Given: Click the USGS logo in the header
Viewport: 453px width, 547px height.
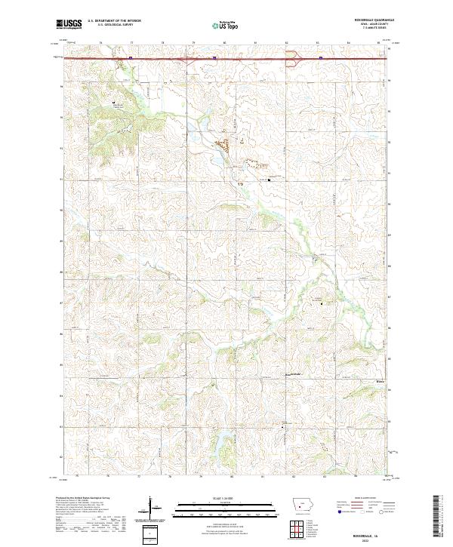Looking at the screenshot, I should coord(69,24).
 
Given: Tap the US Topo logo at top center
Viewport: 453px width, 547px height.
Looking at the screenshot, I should coord(226,24).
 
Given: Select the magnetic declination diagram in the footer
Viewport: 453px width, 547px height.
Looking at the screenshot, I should coord(151,509).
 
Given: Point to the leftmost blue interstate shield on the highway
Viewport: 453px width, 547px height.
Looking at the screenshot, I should coord(130,56).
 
